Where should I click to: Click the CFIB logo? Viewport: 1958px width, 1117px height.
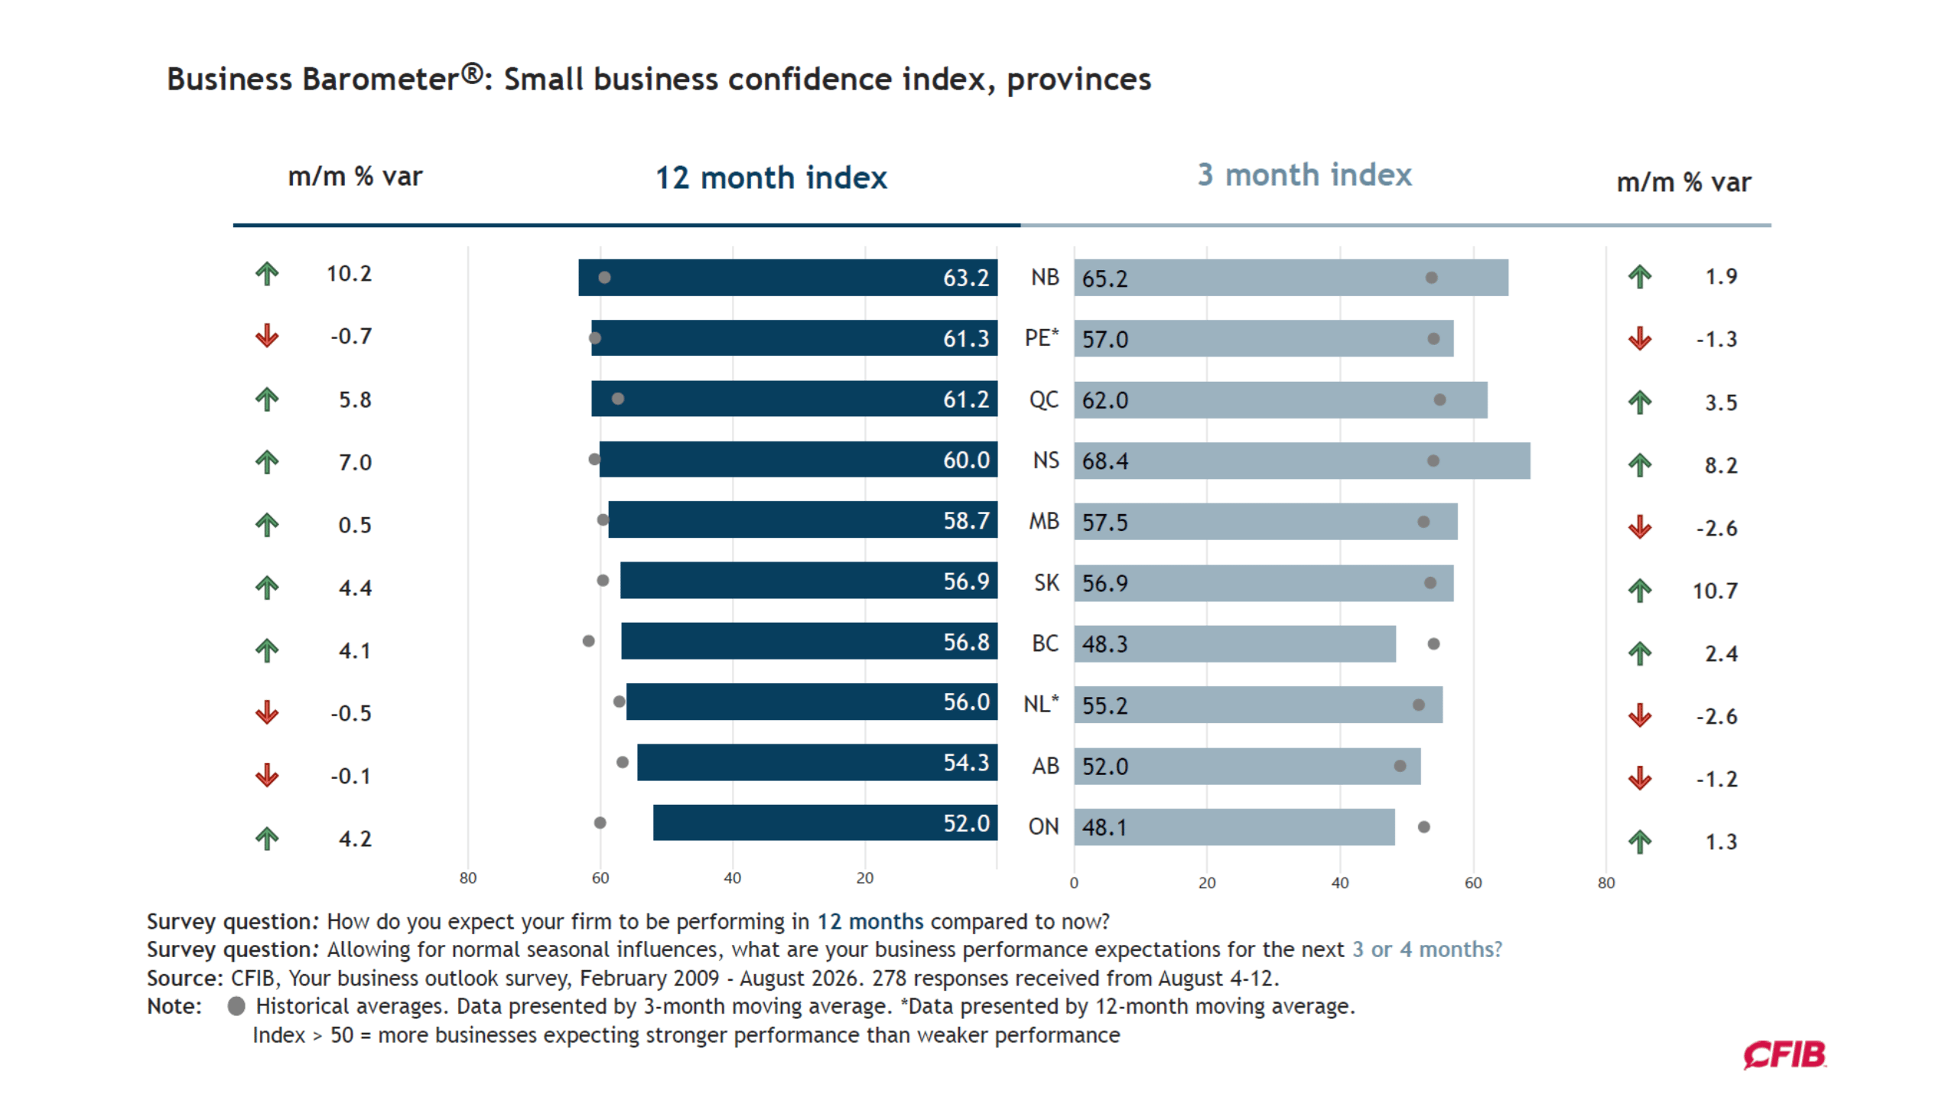click(1784, 1055)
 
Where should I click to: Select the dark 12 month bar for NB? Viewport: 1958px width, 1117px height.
click(788, 277)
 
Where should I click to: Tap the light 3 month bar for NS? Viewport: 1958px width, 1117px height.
click(1302, 461)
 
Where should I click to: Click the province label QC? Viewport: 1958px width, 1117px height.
click(1043, 399)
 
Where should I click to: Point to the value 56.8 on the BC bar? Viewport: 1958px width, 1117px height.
click(965, 641)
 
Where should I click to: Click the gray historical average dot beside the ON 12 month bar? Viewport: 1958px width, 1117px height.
click(600, 822)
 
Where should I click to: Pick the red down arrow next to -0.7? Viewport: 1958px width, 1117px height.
click(267, 335)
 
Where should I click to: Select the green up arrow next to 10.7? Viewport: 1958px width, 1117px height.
click(1639, 590)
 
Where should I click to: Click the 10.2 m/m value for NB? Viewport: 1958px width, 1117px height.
click(349, 273)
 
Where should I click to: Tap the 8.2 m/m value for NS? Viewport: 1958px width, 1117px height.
click(1720, 465)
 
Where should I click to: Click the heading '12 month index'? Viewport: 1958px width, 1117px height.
click(771, 177)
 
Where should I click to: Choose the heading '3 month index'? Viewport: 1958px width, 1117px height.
click(1304, 175)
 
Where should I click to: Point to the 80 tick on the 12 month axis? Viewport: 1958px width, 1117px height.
click(468, 878)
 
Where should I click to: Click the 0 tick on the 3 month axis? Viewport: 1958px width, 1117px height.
click(1074, 883)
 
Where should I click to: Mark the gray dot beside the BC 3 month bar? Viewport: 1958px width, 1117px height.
click(1433, 643)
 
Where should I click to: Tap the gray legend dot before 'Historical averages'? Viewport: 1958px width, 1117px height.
click(236, 1006)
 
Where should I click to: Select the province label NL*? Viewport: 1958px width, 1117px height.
click(1041, 704)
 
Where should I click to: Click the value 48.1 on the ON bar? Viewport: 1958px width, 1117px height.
click(1104, 827)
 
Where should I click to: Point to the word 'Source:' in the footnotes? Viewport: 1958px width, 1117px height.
click(185, 979)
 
